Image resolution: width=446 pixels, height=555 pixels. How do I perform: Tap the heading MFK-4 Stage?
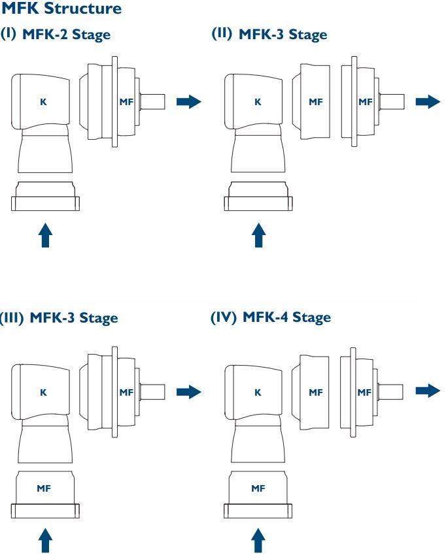(x=286, y=317)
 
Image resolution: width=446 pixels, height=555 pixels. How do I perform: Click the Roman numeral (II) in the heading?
(x=222, y=35)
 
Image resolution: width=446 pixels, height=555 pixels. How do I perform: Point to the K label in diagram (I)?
(x=44, y=102)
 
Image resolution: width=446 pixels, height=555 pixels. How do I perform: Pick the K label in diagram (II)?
(x=257, y=102)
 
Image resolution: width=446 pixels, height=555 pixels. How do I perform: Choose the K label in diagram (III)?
(x=44, y=392)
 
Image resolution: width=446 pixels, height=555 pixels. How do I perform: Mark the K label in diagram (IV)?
(x=257, y=392)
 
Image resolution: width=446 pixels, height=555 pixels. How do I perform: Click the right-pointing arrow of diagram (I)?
(x=188, y=101)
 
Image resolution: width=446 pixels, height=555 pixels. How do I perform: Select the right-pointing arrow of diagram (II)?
(x=428, y=101)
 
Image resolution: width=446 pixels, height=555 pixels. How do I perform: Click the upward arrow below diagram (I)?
(x=45, y=236)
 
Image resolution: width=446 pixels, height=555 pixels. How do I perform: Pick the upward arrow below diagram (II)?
(x=259, y=236)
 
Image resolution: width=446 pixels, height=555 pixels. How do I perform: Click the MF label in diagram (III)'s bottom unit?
(x=45, y=486)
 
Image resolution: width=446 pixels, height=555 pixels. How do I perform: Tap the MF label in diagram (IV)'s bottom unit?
(x=259, y=486)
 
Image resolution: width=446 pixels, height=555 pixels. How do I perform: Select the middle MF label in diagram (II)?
(x=316, y=102)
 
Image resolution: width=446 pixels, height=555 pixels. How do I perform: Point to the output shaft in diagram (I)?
(x=154, y=101)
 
